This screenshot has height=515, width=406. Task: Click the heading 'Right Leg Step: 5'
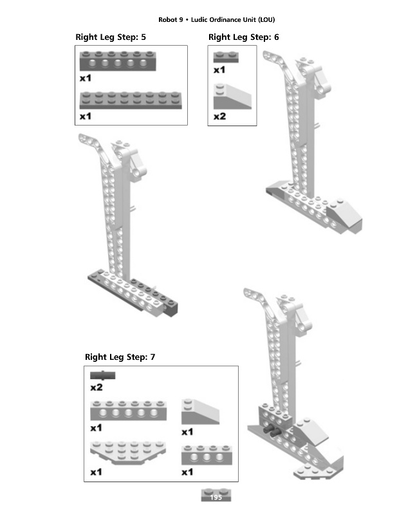pos(111,37)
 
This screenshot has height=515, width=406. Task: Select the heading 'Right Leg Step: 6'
pos(244,37)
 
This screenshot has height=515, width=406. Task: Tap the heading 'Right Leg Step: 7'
pos(120,357)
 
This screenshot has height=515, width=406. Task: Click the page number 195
pos(216,497)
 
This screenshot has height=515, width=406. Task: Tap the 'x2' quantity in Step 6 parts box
pos(220,117)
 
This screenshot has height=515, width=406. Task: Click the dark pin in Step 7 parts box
pos(102,375)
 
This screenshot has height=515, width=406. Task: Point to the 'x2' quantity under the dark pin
pos(97,388)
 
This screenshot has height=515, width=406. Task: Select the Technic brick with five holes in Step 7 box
pos(128,411)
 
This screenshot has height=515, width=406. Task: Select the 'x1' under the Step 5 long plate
pos(86,117)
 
